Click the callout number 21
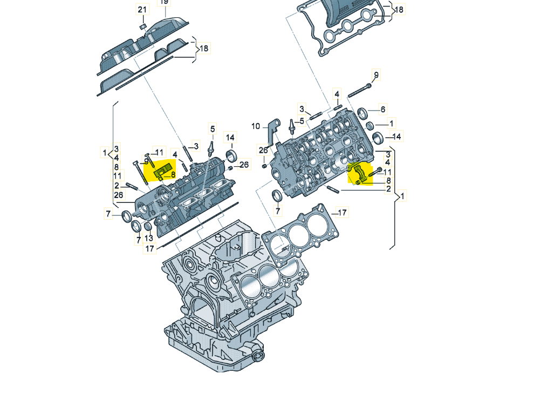coord(142,10)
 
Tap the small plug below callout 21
coord(143,26)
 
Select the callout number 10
coord(256,126)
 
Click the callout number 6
coord(382,110)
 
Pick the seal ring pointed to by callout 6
coord(362,113)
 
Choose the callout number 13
coord(149,238)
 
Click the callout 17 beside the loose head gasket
coord(342,213)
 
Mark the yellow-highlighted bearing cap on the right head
coord(360,174)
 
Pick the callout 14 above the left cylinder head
coord(230,138)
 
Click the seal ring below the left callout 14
coord(232,155)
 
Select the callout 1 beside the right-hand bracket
coord(402,195)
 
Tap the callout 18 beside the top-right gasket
coord(399,10)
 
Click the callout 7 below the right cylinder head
coord(278,211)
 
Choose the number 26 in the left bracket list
coord(118,195)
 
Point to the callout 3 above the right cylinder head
coord(302,109)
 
